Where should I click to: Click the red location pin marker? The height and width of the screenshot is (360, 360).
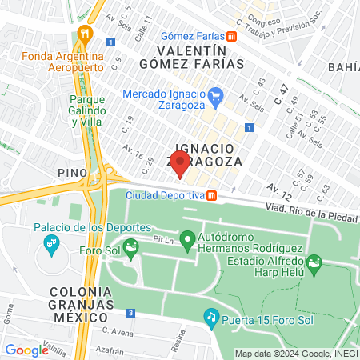[x=180, y=165]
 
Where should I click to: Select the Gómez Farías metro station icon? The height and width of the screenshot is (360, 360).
[x=231, y=36]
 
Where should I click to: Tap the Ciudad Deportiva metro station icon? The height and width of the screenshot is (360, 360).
[x=211, y=195]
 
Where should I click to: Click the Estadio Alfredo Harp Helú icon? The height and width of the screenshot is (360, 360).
[x=314, y=263]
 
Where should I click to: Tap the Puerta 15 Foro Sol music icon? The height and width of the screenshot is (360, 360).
[x=211, y=317]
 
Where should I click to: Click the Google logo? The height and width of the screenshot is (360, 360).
[x=26, y=350]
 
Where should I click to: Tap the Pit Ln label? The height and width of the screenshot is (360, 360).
[x=164, y=239]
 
